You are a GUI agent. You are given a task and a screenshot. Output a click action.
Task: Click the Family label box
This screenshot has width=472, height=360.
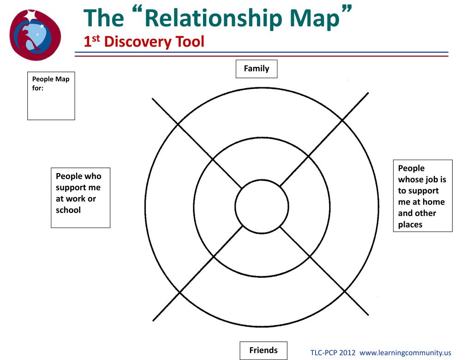[257, 69]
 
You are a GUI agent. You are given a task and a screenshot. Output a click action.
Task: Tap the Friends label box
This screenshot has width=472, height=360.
[263, 350]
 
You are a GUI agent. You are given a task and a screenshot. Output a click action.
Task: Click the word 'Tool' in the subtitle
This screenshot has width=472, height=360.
[189, 42]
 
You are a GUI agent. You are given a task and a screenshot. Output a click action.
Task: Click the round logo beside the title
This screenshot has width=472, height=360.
[35, 35]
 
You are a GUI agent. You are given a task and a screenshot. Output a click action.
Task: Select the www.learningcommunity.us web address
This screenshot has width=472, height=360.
[405, 353]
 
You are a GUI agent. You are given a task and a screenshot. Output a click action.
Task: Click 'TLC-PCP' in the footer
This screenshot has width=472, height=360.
[323, 353]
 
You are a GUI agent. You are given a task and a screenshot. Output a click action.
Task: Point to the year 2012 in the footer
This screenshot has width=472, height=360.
[347, 353]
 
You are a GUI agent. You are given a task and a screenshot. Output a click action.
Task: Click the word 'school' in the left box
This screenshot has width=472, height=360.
[68, 210]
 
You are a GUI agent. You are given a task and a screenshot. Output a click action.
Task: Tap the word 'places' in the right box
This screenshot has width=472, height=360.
[410, 225]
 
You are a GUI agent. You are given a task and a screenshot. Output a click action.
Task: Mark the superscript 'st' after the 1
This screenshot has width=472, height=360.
[96, 38]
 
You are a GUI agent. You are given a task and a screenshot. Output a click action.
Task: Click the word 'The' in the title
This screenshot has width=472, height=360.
[104, 18]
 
